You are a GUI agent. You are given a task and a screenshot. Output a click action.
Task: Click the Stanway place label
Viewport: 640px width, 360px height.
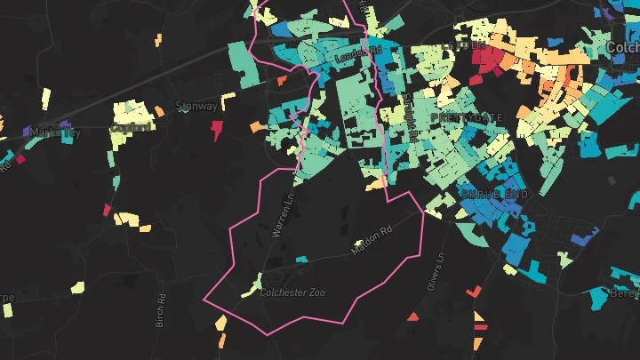click(x=197, y=106)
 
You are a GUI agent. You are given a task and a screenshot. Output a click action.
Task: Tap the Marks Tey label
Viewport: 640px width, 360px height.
click(x=55, y=132)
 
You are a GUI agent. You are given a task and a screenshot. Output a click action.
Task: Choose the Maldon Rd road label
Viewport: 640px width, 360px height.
click(x=371, y=241)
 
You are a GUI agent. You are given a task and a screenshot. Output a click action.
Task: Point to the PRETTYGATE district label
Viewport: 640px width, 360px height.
click(x=466, y=117)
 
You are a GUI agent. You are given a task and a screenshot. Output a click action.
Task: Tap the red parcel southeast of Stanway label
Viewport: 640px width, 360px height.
click(x=216, y=131)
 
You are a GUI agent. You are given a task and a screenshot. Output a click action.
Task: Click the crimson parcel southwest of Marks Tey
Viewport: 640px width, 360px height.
click(x=20, y=160)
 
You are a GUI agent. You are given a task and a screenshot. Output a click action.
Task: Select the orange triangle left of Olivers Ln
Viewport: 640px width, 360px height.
click(x=412, y=316)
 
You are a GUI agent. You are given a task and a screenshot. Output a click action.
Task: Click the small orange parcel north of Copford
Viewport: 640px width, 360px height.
click(x=159, y=39)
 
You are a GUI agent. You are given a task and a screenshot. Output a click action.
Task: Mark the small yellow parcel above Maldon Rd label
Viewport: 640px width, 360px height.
click(x=359, y=242)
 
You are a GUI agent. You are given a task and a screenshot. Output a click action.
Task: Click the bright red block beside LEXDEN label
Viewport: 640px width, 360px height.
click(x=487, y=60)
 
